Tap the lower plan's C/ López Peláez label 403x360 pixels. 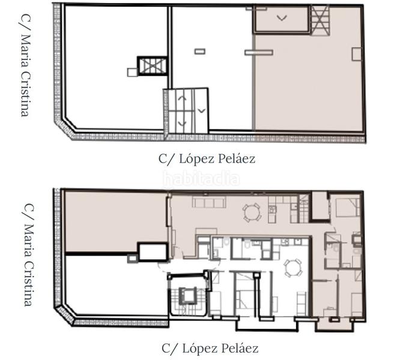210,348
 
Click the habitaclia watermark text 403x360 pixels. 201,178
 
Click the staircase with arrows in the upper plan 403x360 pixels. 186,110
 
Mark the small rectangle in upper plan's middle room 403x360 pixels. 200,51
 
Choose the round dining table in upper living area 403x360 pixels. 252,212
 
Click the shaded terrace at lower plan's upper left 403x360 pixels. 114,221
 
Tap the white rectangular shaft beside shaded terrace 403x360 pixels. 153,251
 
